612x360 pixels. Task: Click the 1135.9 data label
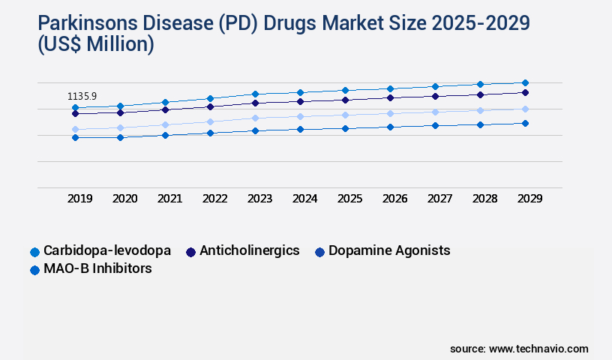82,96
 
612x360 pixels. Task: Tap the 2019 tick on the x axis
80,199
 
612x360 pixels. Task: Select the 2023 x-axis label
259,199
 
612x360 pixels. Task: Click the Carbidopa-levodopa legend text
107,250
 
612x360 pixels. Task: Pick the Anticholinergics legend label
250,250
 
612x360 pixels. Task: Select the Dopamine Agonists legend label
389,250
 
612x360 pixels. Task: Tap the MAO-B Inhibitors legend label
97,268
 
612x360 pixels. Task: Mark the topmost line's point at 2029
525,82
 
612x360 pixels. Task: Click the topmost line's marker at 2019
75,107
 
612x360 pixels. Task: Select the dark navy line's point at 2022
210,106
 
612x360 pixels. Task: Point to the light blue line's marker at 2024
300,116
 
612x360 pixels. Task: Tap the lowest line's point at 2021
165,135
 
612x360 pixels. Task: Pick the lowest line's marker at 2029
525,123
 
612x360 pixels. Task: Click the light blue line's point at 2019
75,129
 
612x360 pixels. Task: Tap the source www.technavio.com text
519,349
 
